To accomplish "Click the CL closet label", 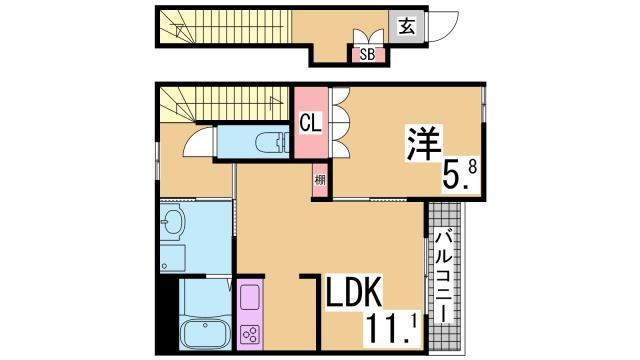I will (x=310, y=124).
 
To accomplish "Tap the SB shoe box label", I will (x=367, y=55).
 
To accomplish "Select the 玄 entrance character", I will (x=406, y=27).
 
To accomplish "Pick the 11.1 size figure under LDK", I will (x=396, y=326).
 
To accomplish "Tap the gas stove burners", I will (x=250, y=332).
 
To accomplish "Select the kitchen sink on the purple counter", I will (x=250, y=298).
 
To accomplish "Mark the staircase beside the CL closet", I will (x=225, y=103).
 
